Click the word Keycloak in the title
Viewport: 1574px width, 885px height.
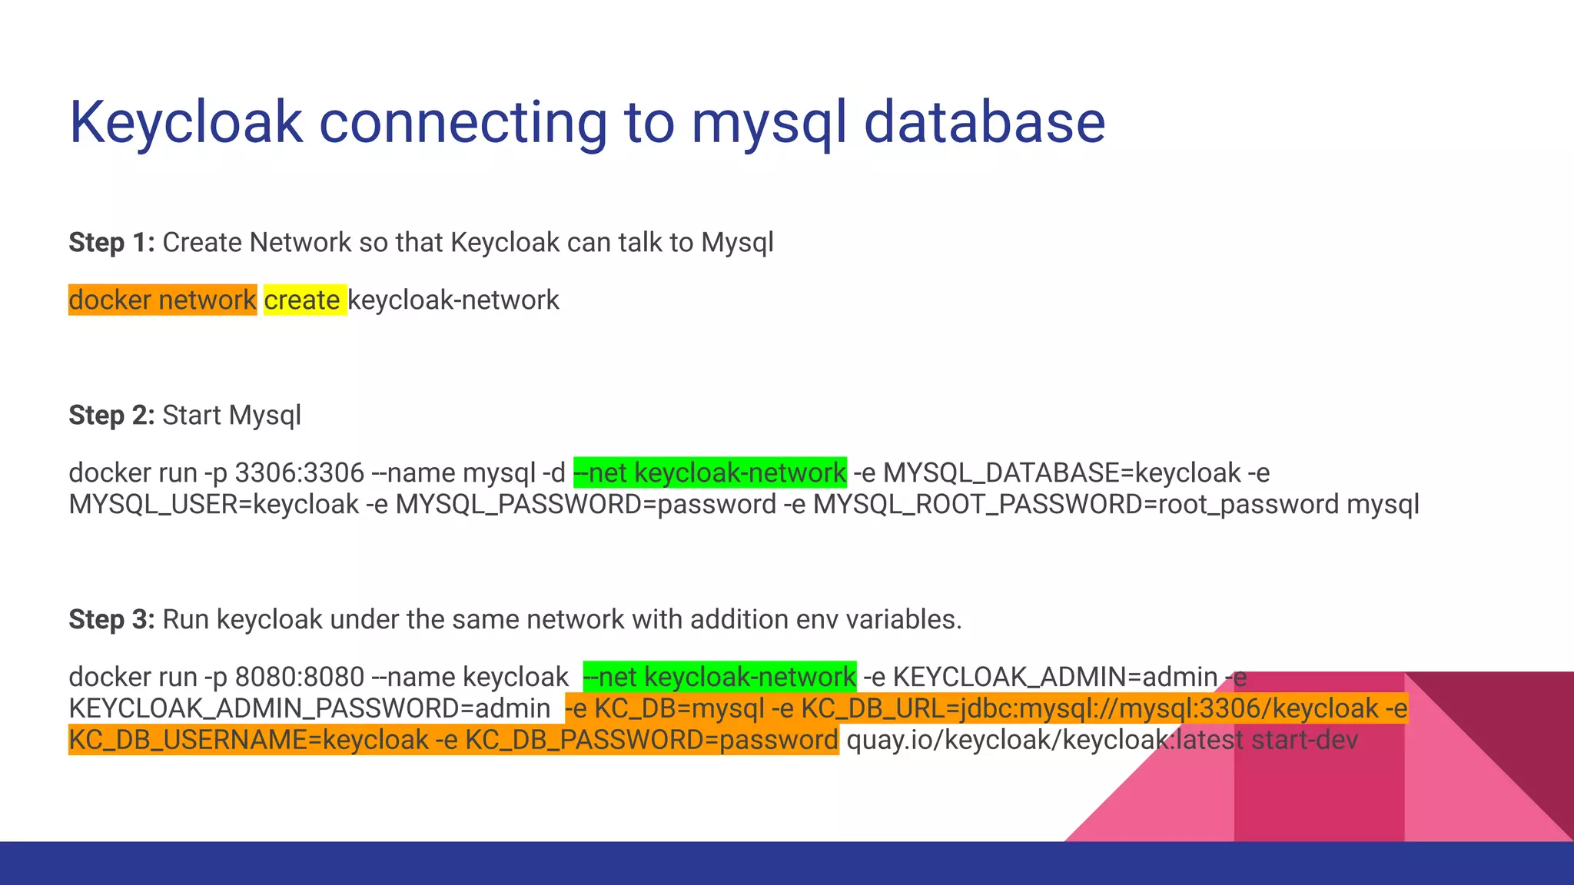pos(187,123)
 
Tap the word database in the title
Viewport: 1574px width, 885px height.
pos(985,123)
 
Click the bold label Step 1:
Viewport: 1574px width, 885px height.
pos(111,243)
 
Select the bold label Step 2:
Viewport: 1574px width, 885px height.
pos(111,416)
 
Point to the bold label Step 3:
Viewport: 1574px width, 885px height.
pos(111,619)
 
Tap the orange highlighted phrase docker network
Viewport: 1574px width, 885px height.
pos(162,300)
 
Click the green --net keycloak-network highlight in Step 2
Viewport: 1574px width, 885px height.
pos(710,472)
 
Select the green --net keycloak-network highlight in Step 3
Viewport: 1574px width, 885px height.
pos(719,677)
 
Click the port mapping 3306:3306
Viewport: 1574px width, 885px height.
pos(299,472)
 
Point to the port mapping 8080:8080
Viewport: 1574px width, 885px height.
pos(299,677)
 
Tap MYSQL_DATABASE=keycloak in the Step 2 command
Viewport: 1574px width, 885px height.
pos(1062,472)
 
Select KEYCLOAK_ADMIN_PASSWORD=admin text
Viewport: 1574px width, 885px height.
pos(309,708)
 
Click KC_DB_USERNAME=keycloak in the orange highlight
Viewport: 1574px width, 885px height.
pos(248,741)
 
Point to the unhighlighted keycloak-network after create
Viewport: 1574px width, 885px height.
pos(453,300)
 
